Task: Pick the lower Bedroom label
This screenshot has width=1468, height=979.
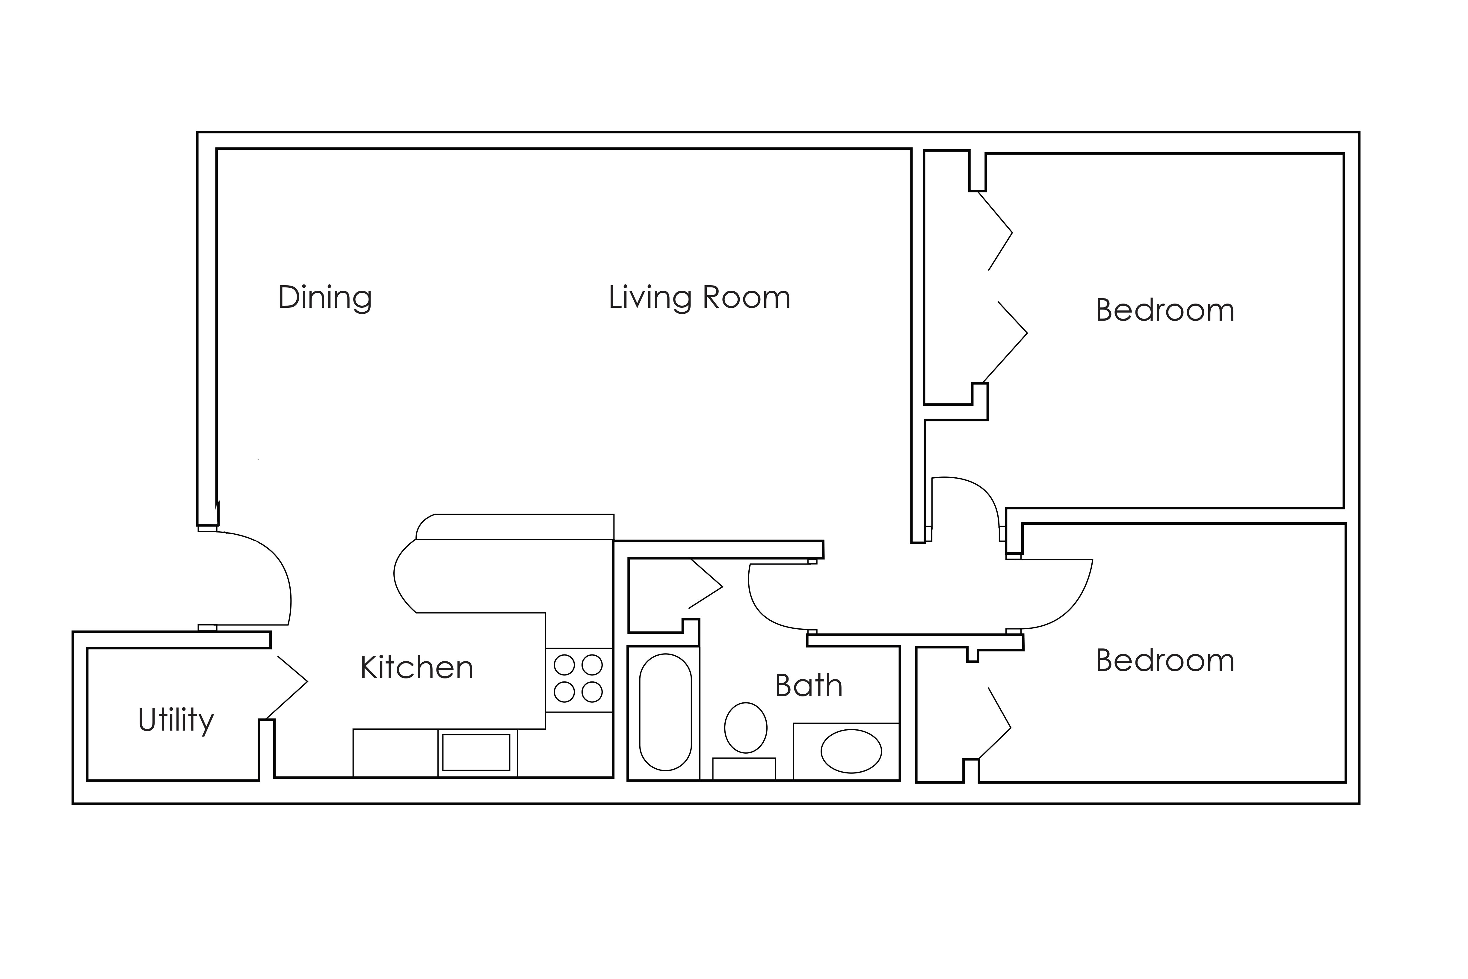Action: (1165, 660)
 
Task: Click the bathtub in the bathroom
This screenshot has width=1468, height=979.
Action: (665, 712)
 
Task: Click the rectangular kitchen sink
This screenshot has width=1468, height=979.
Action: (476, 752)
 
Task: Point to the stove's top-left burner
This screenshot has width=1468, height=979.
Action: (564, 665)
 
